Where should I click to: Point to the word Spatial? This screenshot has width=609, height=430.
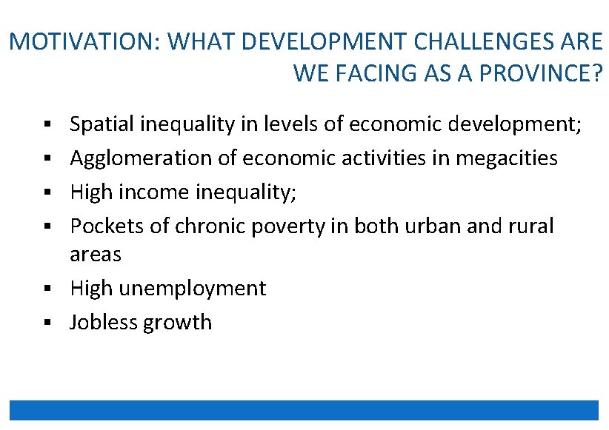pos(100,124)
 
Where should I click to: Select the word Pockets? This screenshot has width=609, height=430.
pos(107,226)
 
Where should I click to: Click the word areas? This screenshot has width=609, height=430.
pos(95,255)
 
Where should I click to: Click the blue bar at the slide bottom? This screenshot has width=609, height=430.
pos(304,410)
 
